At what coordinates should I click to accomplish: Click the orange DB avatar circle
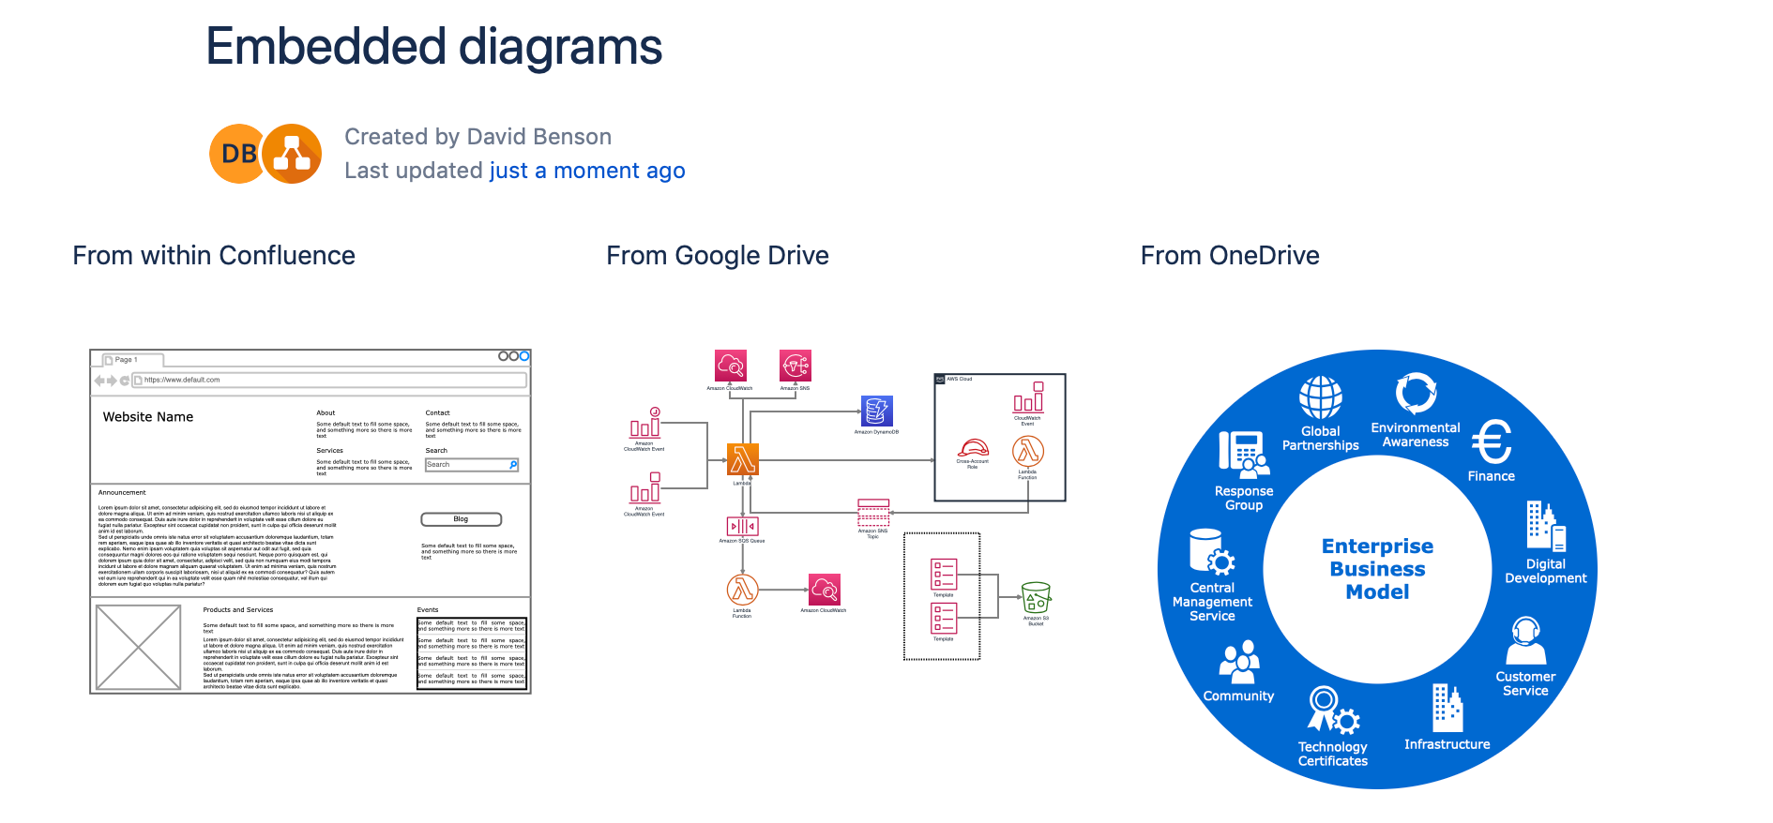[x=238, y=154]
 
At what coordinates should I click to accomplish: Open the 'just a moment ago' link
[x=587, y=171]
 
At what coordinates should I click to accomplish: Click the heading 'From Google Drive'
[x=717, y=256]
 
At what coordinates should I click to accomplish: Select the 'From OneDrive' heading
[x=1229, y=256]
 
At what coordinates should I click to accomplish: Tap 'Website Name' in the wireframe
[x=148, y=417]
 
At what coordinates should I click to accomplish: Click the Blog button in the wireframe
[x=461, y=519]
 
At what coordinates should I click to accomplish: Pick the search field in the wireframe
[x=472, y=465]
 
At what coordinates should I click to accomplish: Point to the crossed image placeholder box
[x=138, y=648]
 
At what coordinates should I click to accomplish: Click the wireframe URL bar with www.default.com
[x=328, y=381]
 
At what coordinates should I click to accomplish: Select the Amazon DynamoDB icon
[x=877, y=411]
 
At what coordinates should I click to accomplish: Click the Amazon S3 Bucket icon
[x=1036, y=597]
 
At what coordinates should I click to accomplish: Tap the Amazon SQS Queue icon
[x=742, y=526]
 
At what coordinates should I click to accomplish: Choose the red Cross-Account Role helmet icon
[x=973, y=448]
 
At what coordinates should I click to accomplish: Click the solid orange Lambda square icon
[x=742, y=459]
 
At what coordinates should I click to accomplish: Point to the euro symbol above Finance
[x=1491, y=441]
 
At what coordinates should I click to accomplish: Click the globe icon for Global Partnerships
[x=1320, y=397]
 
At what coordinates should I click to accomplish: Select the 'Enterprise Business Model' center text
[x=1377, y=569]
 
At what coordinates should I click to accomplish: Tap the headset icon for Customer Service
[x=1525, y=640]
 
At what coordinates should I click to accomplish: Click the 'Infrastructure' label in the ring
[x=1447, y=744]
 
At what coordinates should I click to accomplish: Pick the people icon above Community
[x=1239, y=661]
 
